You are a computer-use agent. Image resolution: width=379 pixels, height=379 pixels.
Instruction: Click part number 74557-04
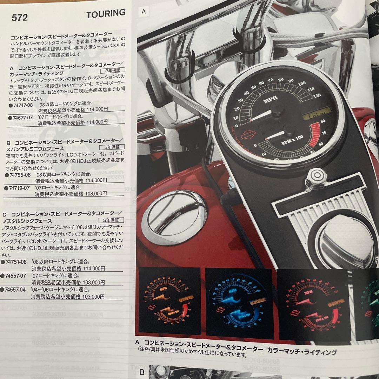pos(15,290)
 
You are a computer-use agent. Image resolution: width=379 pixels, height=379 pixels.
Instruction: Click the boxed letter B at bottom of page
pos(142,372)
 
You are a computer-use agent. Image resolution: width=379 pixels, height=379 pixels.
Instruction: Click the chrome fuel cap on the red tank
pos(176,213)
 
